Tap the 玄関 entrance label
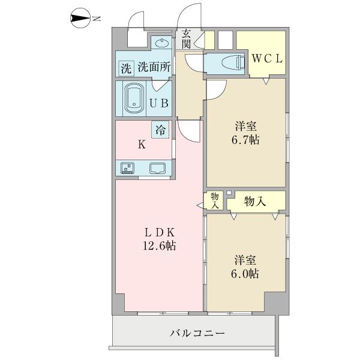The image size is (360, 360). point(187,38)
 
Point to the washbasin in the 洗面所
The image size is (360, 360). point(160,43)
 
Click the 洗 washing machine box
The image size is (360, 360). point(125,68)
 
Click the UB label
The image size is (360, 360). point(159,102)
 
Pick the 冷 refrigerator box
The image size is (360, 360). point(160,130)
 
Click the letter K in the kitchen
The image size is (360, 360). point(141,144)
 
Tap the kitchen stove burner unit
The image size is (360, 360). point(127,169)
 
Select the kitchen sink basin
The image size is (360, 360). point(158,169)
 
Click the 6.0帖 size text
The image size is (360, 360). point(246,274)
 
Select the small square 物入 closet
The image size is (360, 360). point(214,199)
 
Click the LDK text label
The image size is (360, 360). point(158,232)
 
